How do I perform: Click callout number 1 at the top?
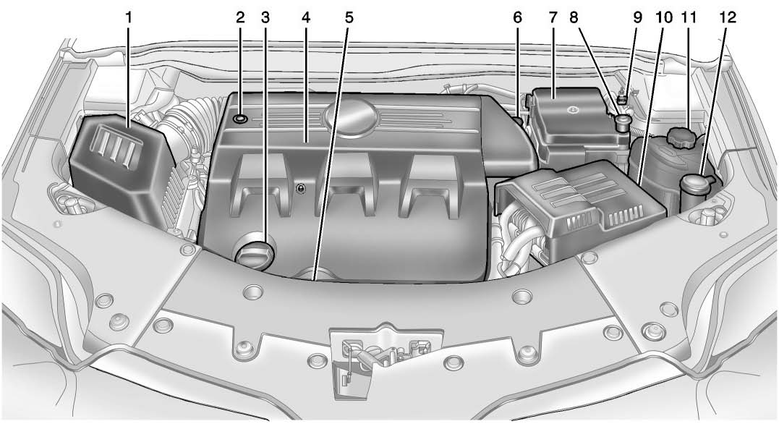click(x=129, y=18)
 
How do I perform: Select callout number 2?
click(x=240, y=18)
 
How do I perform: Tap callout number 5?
click(x=349, y=18)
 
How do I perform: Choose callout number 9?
click(x=637, y=18)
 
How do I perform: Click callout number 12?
click(x=728, y=18)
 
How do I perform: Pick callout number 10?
click(x=664, y=18)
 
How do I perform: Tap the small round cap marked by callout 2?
click(x=240, y=119)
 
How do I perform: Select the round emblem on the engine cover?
click(x=349, y=114)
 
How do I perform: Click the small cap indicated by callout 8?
click(x=621, y=122)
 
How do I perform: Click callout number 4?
click(x=305, y=18)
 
